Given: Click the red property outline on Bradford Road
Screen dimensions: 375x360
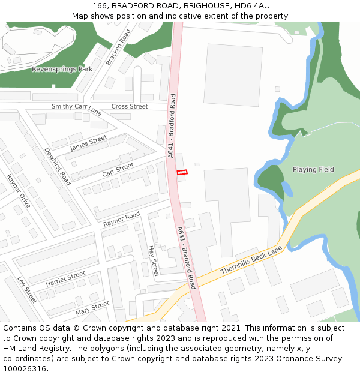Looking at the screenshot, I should pyautogui.click(x=182, y=173).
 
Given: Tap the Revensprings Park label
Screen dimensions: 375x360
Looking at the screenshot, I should pyautogui.click(x=62, y=69).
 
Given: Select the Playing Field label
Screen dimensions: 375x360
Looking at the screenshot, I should pyautogui.click(x=313, y=170).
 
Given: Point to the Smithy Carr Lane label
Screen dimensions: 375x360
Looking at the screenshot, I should pyautogui.click(x=77, y=108).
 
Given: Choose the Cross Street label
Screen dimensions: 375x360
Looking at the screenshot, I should pyautogui.click(x=130, y=107).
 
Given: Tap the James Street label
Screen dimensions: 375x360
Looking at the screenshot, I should pyautogui.click(x=88, y=143).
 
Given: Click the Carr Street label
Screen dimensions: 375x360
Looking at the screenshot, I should pyautogui.click(x=118, y=169).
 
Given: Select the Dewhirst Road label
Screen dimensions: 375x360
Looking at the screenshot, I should pyautogui.click(x=58, y=165).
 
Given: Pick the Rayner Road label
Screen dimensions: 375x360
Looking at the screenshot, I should pyautogui.click(x=121, y=219).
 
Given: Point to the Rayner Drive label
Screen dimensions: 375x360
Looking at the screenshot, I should pyautogui.click(x=19, y=191).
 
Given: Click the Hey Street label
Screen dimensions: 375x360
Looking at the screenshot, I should pyautogui.click(x=153, y=260).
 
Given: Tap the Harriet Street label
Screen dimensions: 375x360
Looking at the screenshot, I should pyautogui.click(x=65, y=278).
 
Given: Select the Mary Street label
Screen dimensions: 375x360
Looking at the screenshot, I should pyautogui.click(x=92, y=308).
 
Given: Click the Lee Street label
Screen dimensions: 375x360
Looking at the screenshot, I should pyautogui.click(x=27, y=289).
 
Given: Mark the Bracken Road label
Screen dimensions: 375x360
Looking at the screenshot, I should pyautogui.click(x=118, y=47).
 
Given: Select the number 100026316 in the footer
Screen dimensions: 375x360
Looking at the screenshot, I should pyautogui.click(x=25, y=369).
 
